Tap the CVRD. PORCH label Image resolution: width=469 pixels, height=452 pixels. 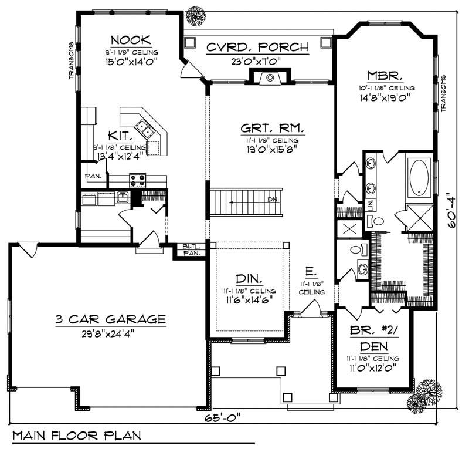257,48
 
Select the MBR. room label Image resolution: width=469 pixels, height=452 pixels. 385,76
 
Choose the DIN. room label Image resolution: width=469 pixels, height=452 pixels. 250,278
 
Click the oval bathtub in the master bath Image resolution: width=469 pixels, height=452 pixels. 419,177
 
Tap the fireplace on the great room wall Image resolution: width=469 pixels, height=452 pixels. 270,77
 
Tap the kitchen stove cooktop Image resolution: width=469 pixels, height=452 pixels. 137,180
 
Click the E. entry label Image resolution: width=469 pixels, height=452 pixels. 311,272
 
